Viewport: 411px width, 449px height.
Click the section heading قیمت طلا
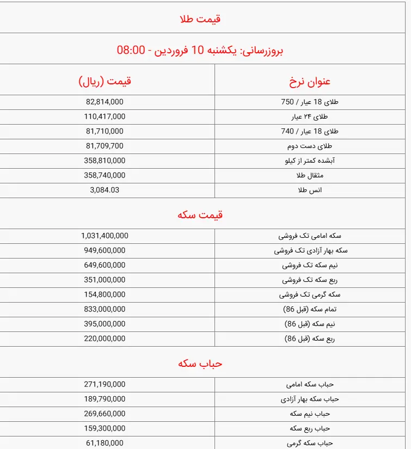[200, 19]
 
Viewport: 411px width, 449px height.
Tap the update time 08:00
[131, 51]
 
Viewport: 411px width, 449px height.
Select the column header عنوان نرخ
[309, 82]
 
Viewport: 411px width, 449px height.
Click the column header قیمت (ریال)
[105, 82]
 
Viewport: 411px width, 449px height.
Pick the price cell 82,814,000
[105, 102]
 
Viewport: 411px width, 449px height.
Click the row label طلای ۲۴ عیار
[310, 116]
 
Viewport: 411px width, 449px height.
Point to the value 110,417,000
[105, 116]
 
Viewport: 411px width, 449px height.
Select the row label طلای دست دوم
[309, 146]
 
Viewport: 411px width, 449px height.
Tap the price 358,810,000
[105, 161]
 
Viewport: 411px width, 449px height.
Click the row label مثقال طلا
[310, 175]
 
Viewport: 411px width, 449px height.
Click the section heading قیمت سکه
[200, 215]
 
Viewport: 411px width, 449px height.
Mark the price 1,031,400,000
[105, 236]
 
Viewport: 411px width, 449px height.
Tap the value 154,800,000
[105, 294]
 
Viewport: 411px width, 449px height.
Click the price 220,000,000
[105, 339]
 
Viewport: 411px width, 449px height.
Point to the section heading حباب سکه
[200, 364]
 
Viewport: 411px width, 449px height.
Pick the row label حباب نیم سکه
[310, 414]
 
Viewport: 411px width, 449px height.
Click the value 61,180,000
[105, 443]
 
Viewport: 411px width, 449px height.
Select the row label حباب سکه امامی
[309, 384]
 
